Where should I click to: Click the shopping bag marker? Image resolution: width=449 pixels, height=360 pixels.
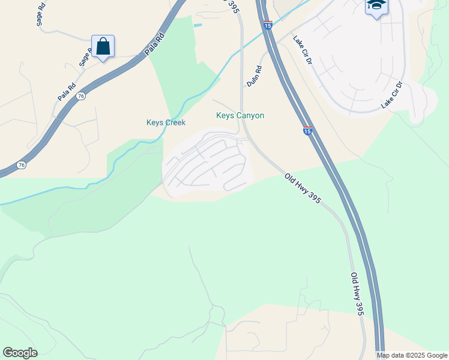(103, 46)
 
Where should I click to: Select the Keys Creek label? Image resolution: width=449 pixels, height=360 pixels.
(166, 122)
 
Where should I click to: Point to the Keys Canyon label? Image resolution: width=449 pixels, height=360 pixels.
(240, 115)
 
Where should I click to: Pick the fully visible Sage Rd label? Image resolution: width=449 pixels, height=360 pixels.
(40, 12)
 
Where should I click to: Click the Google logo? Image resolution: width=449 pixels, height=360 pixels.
(20, 353)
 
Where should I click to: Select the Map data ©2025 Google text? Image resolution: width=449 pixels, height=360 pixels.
(412, 355)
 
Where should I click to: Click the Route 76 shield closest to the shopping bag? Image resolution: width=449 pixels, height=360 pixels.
(81, 95)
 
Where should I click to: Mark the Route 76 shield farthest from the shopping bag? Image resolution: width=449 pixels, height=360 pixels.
(22, 164)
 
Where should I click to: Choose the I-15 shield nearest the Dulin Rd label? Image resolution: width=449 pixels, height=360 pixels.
(268, 25)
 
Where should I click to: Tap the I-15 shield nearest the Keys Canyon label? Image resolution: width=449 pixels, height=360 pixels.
(307, 131)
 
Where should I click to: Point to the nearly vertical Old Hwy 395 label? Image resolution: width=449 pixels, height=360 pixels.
(357, 293)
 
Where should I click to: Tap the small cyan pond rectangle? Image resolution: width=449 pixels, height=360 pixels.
(197, 25)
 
